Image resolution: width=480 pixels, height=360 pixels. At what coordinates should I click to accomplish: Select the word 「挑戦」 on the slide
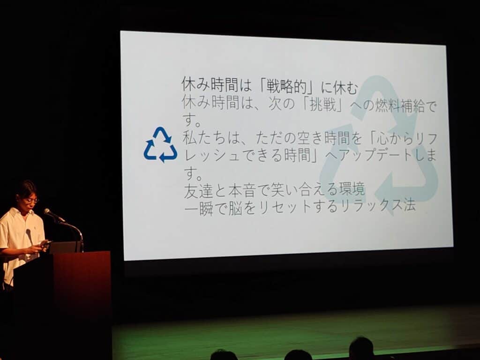click(322, 105)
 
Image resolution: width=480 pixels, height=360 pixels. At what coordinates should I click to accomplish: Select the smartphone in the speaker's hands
click(45, 243)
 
